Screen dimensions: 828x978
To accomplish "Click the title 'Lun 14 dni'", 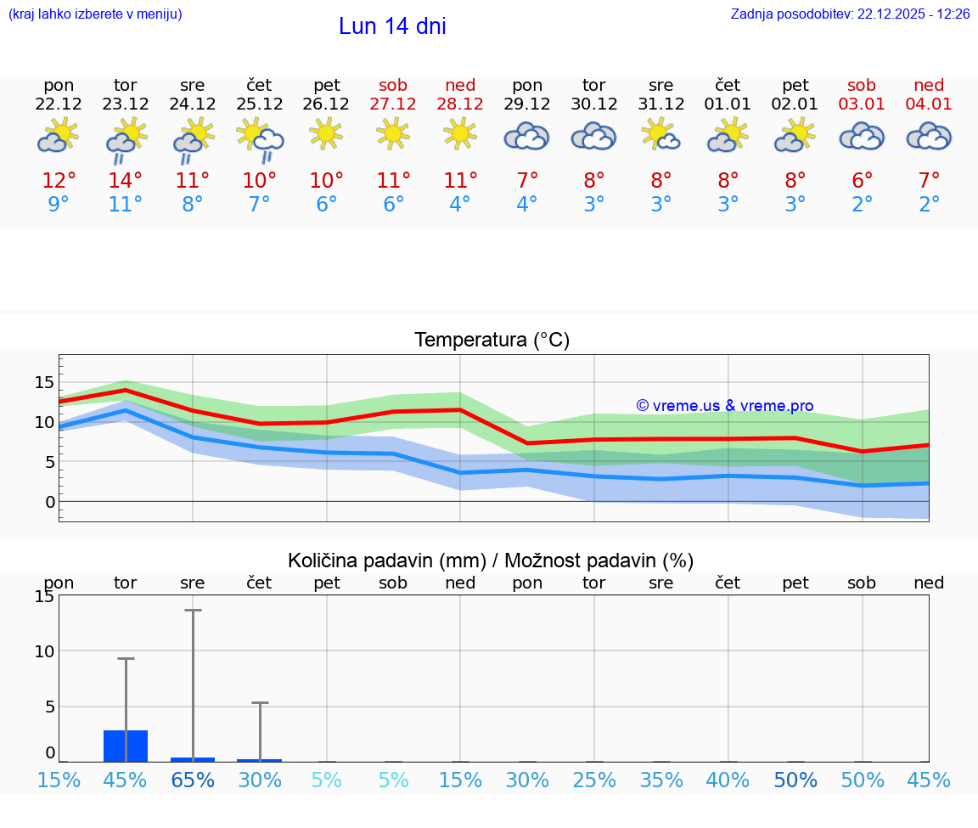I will [x=392, y=26].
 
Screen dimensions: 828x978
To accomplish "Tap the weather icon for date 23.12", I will [x=126, y=139].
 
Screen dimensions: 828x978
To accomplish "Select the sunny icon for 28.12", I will [x=460, y=134].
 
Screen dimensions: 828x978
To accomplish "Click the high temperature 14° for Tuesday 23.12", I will [x=126, y=181].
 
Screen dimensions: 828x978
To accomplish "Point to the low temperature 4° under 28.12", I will [x=460, y=205].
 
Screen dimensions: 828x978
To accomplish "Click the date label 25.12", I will [x=260, y=104].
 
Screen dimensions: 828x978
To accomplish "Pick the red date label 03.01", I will [x=862, y=104].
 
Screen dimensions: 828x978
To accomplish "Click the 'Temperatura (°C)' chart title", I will [x=492, y=341].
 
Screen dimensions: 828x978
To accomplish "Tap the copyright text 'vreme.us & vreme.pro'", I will [x=725, y=406].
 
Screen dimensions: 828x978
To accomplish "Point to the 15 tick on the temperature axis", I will [x=44, y=382].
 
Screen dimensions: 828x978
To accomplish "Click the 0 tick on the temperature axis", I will [x=49, y=502].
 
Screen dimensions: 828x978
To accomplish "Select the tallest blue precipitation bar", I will [x=126, y=746].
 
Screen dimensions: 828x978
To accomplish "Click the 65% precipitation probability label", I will [x=193, y=780].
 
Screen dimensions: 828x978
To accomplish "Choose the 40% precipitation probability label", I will [x=728, y=780].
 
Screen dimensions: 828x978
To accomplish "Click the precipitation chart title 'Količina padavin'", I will [x=491, y=560].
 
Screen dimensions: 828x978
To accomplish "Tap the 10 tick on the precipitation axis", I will [x=44, y=651].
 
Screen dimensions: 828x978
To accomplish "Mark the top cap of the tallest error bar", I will [x=193, y=610].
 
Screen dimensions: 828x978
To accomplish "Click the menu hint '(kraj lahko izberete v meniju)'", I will [x=94, y=14].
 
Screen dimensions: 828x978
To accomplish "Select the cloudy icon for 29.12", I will [x=527, y=136].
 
